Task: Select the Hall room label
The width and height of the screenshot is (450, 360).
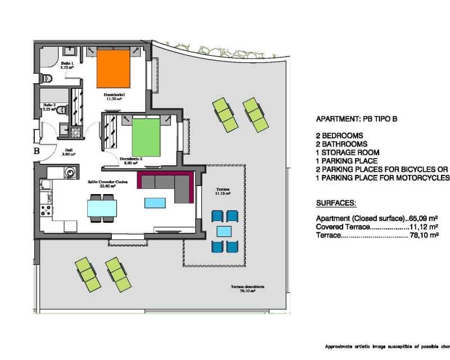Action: (x=69, y=150)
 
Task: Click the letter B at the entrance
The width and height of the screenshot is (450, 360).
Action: (x=36, y=151)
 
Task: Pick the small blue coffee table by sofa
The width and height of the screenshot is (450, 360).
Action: (x=155, y=202)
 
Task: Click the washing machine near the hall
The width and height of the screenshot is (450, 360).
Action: (x=70, y=172)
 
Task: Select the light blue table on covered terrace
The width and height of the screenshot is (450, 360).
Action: (x=224, y=231)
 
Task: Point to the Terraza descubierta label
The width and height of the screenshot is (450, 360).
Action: (x=247, y=289)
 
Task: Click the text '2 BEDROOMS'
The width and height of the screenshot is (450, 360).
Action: (x=339, y=136)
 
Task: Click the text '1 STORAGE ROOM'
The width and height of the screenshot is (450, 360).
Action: (x=348, y=152)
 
